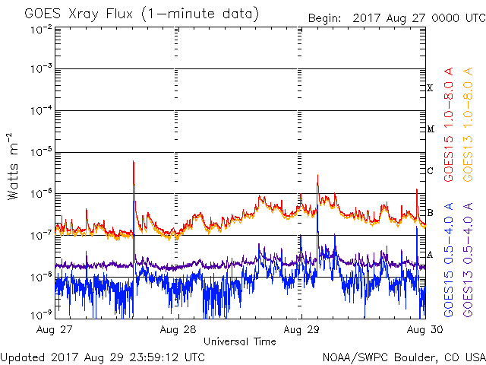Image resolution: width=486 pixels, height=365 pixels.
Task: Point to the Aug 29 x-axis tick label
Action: click(299, 330)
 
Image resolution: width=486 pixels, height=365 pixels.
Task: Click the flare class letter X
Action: click(430, 88)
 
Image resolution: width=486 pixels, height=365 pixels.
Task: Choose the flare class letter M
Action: click(430, 129)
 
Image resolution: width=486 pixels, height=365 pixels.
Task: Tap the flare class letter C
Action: click(430, 171)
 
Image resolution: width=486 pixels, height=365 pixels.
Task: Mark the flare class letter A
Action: click(430, 255)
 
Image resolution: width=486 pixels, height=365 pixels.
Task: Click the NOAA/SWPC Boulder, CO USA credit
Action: click(403, 356)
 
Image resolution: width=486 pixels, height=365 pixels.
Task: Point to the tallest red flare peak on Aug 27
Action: click(134, 162)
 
